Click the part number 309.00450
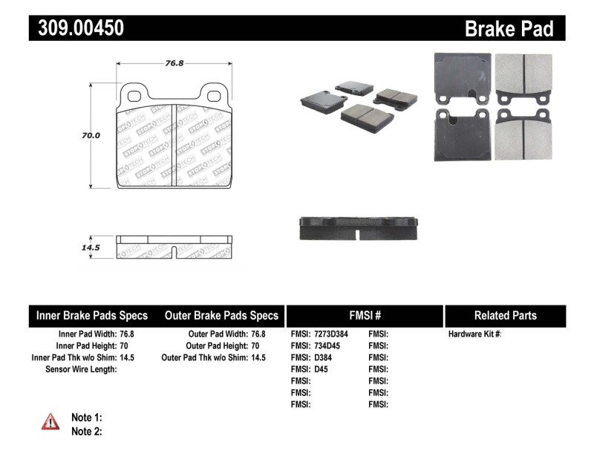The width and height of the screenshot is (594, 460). click(x=76, y=28)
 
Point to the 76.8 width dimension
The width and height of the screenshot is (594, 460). click(x=174, y=63)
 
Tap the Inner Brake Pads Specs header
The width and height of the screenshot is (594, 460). click(x=92, y=315)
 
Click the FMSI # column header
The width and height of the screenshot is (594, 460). click(x=364, y=315)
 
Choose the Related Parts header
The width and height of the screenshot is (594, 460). click(x=505, y=315)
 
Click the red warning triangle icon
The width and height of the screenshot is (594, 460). click(x=50, y=422)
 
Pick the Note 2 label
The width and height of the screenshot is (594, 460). click(x=86, y=431)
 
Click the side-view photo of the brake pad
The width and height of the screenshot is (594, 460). click(x=359, y=228)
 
